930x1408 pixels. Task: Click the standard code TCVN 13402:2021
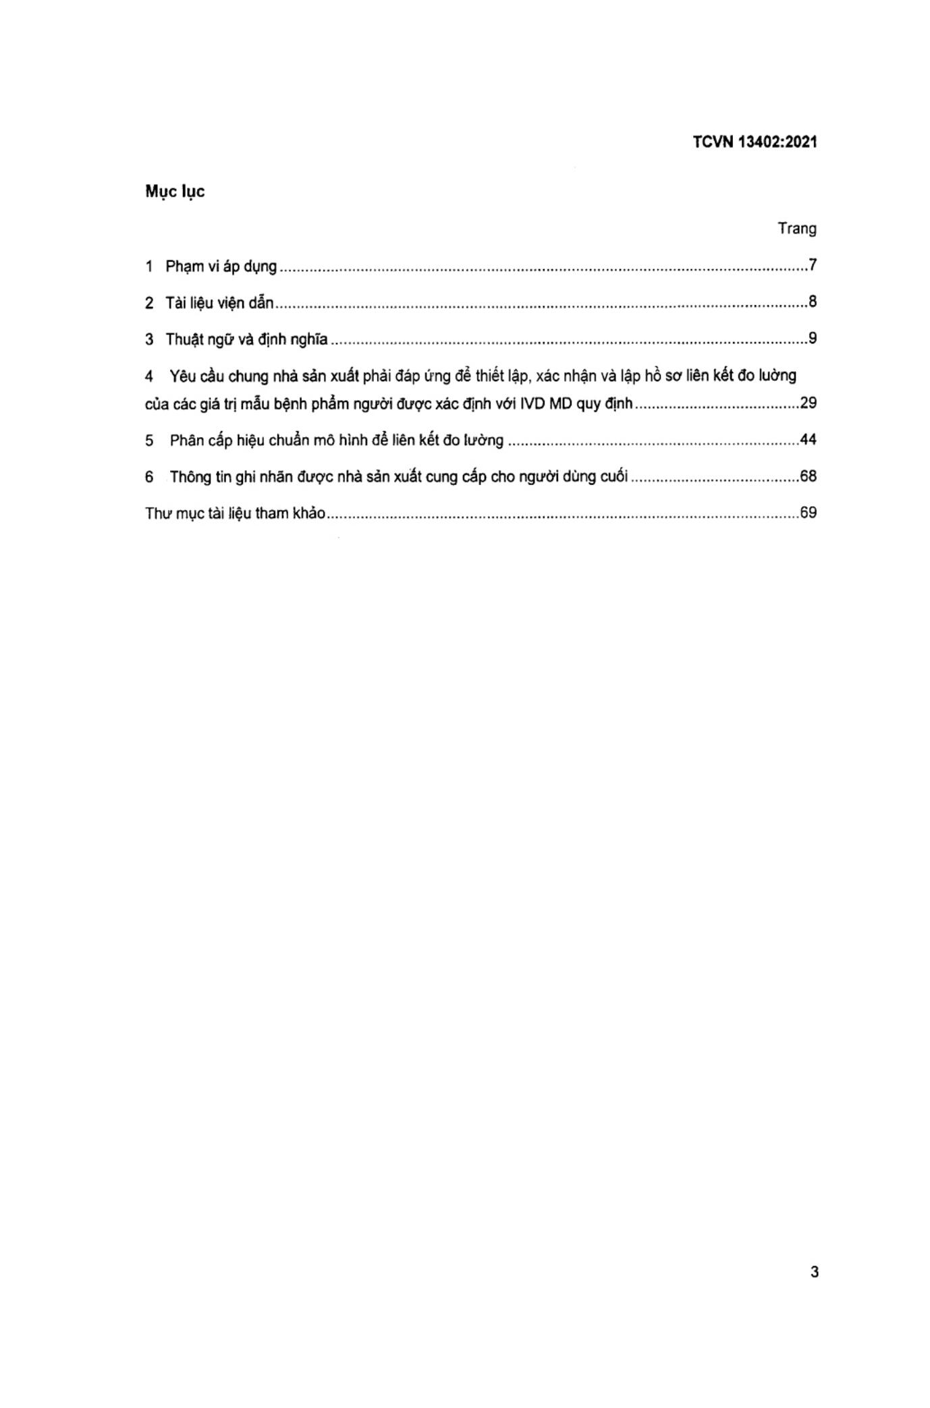tap(754, 142)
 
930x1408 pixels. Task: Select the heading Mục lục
tap(175, 192)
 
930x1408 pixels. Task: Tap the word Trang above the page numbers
tap(796, 229)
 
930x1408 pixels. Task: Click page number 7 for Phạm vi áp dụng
tap(813, 265)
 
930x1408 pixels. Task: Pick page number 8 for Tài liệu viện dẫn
tap(813, 302)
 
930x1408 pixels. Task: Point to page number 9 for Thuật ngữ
tap(813, 338)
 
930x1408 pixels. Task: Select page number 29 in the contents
tap(808, 403)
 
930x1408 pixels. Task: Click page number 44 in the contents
tap(808, 440)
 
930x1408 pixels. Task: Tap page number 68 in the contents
tap(808, 476)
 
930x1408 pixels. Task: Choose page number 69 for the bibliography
tap(808, 513)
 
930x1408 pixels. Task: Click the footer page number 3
tap(815, 1272)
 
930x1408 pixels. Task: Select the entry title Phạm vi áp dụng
tap(221, 266)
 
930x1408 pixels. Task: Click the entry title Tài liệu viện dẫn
tap(219, 303)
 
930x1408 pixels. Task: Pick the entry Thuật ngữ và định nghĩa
tap(246, 339)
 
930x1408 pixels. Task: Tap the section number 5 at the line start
tap(149, 441)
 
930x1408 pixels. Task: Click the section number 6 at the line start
tap(149, 477)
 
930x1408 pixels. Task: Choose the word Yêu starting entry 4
tap(183, 376)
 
